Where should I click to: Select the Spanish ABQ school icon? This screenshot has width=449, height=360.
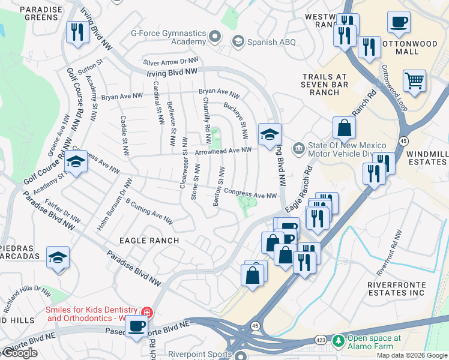pyautogui.click(x=238, y=41)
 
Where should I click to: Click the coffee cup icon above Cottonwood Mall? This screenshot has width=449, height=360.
pyautogui.click(x=399, y=23)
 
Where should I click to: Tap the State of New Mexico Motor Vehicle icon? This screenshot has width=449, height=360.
pyautogui.click(x=298, y=148)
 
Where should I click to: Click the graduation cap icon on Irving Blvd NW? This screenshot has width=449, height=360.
pyautogui.click(x=270, y=134)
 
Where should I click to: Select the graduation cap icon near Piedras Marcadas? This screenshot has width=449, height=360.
pyautogui.click(x=58, y=257)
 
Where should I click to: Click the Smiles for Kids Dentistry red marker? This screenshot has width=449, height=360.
pyautogui.click(x=146, y=313)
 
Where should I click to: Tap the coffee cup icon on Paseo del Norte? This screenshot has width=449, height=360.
pyautogui.click(x=136, y=327)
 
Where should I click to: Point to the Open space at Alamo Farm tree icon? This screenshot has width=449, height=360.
pyautogui.click(x=339, y=341)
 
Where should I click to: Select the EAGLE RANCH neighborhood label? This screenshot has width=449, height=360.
pyautogui.click(x=149, y=240)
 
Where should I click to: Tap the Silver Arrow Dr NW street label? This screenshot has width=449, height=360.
pyautogui.click(x=170, y=61)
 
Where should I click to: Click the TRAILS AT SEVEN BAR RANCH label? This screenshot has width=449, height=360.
pyautogui.click(x=330, y=85)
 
